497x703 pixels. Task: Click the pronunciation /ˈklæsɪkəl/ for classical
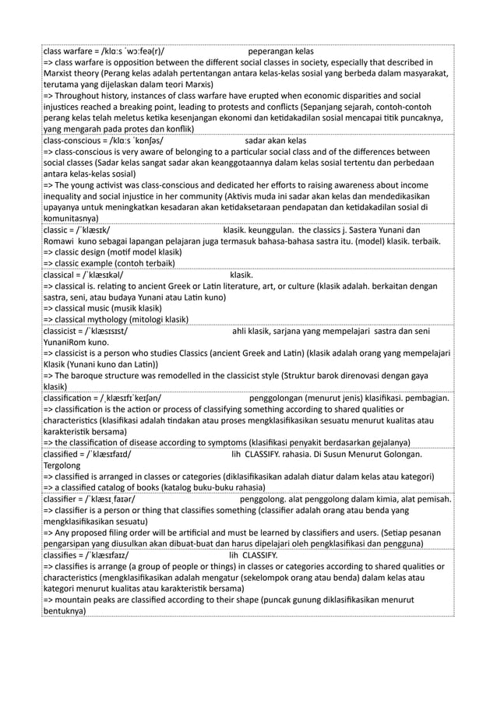98,274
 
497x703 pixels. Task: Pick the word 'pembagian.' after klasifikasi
425,398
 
